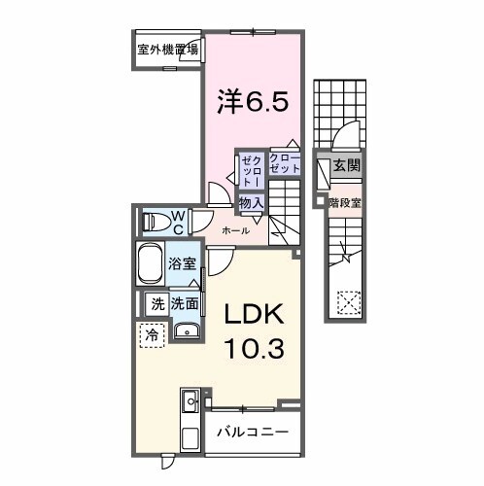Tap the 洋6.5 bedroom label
(x=253, y=100)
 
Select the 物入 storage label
(x=251, y=201)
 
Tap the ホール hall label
(x=235, y=230)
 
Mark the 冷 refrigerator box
(x=152, y=334)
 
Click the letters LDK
(x=255, y=314)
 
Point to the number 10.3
(x=255, y=348)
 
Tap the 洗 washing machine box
(x=156, y=303)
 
